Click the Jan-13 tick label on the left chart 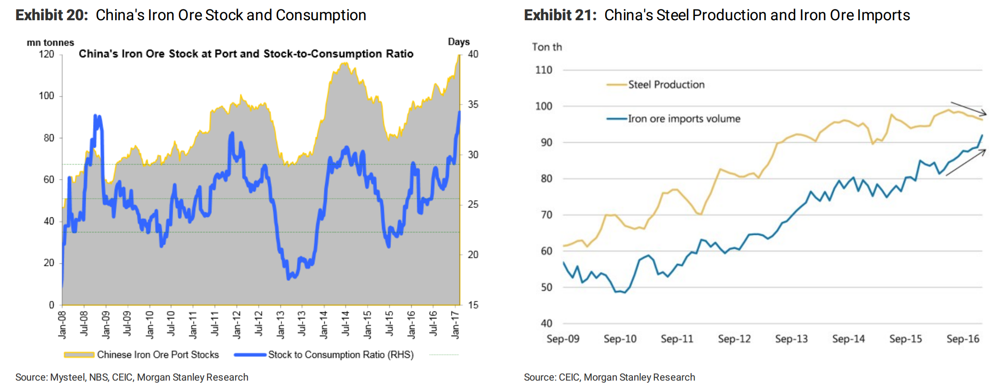click(x=280, y=325)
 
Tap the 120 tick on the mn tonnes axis click(x=47, y=54)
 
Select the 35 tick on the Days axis click(x=473, y=104)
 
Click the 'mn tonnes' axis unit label click(x=50, y=42)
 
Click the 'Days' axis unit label click(x=459, y=41)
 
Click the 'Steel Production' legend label click(x=666, y=85)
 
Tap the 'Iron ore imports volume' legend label click(x=684, y=119)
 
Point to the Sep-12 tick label click(x=734, y=339)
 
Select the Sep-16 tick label click(x=963, y=339)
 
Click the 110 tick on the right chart click(x=543, y=70)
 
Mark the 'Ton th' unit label click(x=547, y=47)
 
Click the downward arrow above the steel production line click(x=968, y=109)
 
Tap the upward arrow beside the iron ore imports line click(x=965, y=162)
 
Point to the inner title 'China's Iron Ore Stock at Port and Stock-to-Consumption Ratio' click(x=246, y=54)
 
